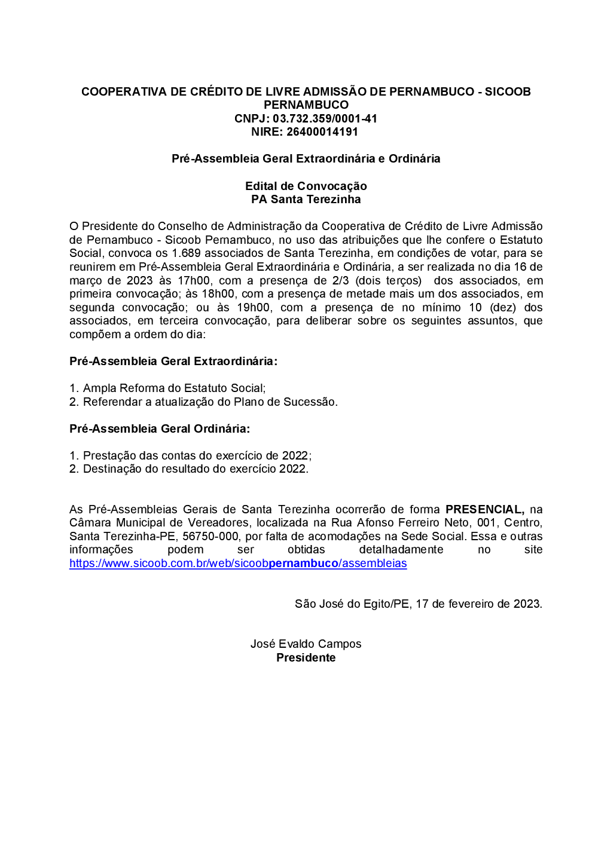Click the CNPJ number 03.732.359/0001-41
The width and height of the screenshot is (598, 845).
tap(325, 118)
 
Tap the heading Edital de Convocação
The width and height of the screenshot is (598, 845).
tap(306, 186)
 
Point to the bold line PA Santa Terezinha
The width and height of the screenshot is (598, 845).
tap(306, 199)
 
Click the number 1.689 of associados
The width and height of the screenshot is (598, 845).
tap(186, 253)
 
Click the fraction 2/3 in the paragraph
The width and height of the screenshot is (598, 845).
tap(340, 280)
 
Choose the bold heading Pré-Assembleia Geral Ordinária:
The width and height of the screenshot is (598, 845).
tap(160, 428)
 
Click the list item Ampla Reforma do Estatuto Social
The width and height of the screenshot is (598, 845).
tap(174, 388)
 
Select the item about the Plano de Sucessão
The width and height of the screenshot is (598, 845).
tap(210, 402)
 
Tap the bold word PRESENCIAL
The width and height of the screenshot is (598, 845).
tap(484, 509)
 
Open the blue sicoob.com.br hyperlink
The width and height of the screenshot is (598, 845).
tap(238, 564)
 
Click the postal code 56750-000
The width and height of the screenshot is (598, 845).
tap(210, 537)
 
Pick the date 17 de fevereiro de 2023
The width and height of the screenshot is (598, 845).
tap(478, 604)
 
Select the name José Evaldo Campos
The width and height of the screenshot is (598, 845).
tap(306, 644)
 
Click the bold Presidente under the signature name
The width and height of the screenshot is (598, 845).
tap(306, 657)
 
